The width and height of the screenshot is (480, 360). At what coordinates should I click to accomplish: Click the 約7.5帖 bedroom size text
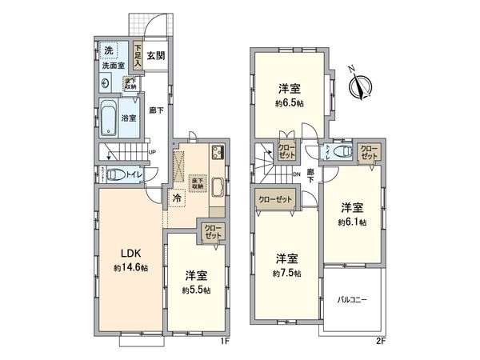tap(287, 274)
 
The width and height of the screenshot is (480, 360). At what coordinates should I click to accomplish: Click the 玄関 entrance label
tap(156, 56)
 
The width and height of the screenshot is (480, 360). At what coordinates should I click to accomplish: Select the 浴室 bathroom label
tap(129, 118)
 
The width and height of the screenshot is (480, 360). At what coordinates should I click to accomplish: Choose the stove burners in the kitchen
tap(216, 154)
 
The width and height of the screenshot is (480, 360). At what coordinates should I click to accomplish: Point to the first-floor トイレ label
tap(135, 174)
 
